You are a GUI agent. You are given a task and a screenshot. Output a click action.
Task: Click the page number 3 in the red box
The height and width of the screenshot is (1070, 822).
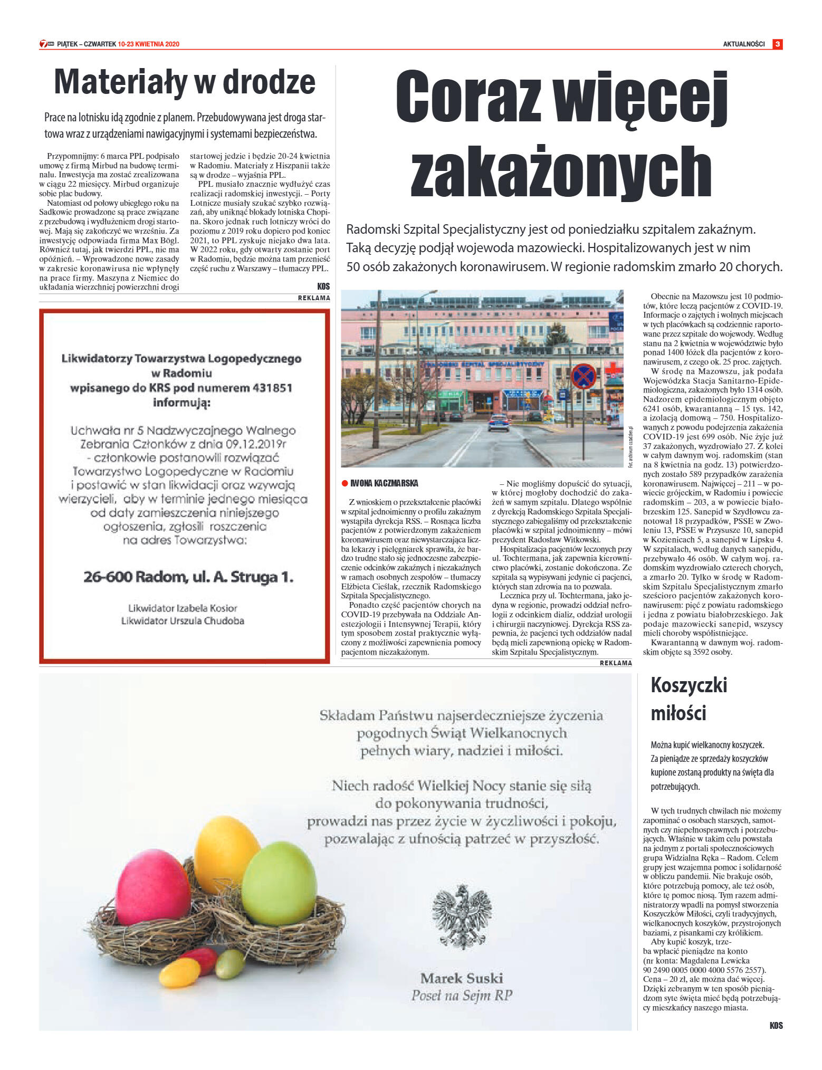[777, 44]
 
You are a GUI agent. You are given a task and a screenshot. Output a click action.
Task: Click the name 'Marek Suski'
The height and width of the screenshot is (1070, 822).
[462, 978]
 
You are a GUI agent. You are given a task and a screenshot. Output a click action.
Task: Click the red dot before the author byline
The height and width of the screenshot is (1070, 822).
[345, 483]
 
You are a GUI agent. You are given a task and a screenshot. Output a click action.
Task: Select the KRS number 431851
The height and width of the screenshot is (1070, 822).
[273, 388]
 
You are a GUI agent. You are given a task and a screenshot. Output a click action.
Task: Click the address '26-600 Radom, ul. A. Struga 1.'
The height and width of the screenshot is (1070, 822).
[188, 577]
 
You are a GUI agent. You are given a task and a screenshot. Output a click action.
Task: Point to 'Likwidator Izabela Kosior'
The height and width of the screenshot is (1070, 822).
[183, 608]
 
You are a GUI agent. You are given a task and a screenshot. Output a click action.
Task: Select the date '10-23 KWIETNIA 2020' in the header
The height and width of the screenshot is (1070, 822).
[149, 44]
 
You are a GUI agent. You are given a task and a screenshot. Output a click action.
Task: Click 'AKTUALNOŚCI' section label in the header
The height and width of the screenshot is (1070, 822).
[743, 44]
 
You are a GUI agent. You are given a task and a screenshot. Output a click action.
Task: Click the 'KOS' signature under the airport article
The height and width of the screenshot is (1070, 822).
[323, 286]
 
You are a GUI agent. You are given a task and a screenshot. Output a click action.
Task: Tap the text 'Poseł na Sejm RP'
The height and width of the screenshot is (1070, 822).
[462, 996]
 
